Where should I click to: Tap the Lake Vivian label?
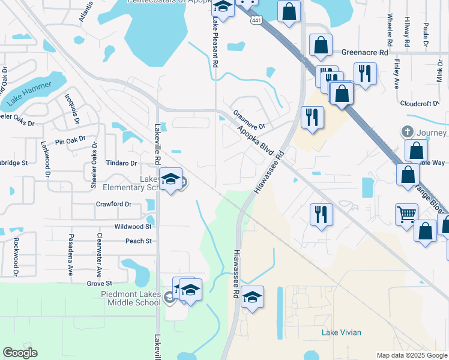click(x=341, y=332)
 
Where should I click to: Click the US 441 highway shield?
click(x=256, y=20)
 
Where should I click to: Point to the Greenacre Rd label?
click(x=365, y=52)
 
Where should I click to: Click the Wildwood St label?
click(x=133, y=227)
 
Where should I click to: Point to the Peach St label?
click(x=139, y=241)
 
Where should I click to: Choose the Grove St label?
click(x=100, y=283)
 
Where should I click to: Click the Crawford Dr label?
click(x=113, y=204)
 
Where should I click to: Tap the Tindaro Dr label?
click(x=122, y=163)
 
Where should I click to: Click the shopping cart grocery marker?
click(x=406, y=214)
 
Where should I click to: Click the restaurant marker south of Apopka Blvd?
click(x=321, y=214)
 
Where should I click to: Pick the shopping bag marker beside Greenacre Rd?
click(x=321, y=44)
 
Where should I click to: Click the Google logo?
click(x=20, y=353)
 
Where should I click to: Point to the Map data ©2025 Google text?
click(x=411, y=355)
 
